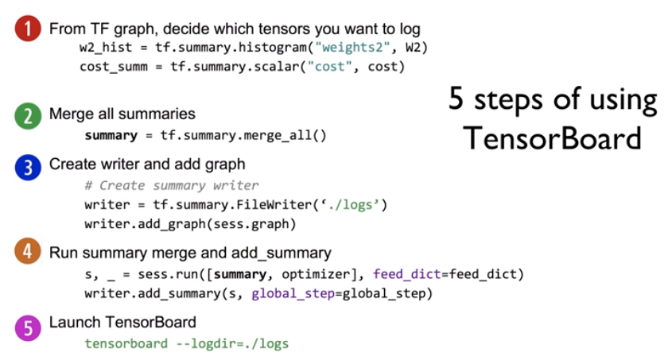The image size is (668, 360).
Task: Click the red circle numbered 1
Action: click(27, 30)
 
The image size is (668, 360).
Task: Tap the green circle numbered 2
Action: click(27, 116)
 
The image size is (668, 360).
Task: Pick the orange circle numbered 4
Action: click(27, 254)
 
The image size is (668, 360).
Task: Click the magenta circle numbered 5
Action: click(27, 325)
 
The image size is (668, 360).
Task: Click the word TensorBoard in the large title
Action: click(552, 137)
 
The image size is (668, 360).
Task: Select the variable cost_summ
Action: click(113, 67)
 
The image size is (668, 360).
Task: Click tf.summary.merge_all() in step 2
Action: click(243, 135)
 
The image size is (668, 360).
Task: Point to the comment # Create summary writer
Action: click(171, 185)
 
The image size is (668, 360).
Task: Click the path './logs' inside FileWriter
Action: click(353, 205)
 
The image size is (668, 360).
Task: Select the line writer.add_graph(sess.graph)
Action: click(190, 224)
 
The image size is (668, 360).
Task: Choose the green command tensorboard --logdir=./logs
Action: click(186, 343)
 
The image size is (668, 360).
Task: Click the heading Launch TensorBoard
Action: click(122, 323)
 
